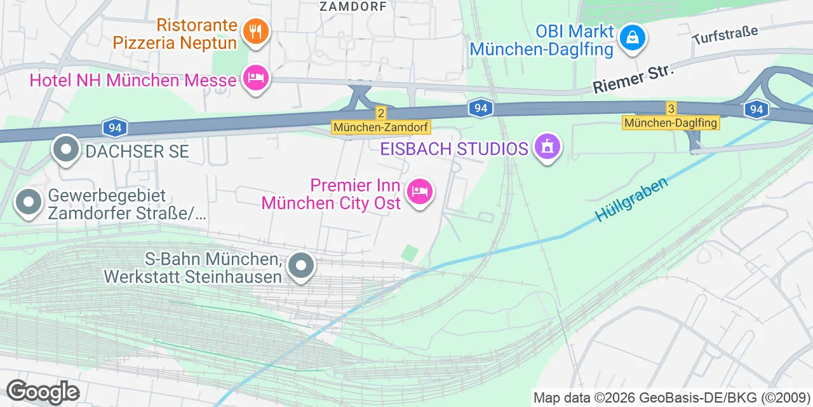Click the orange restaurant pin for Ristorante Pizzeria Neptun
tap(256, 31)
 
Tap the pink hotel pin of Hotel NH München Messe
tap(256, 79)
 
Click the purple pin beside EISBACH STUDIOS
tap(547, 147)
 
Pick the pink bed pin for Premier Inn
tap(419, 191)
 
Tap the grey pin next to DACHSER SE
tap(66, 149)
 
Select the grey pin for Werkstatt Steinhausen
tap(301, 265)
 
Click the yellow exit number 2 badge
tap(380, 113)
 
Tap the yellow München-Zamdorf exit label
tap(381, 128)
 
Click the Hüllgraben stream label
tap(632, 199)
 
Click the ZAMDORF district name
tap(353, 7)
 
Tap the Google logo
tap(43, 392)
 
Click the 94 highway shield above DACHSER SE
tap(115, 128)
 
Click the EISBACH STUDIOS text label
tap(454, 149)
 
